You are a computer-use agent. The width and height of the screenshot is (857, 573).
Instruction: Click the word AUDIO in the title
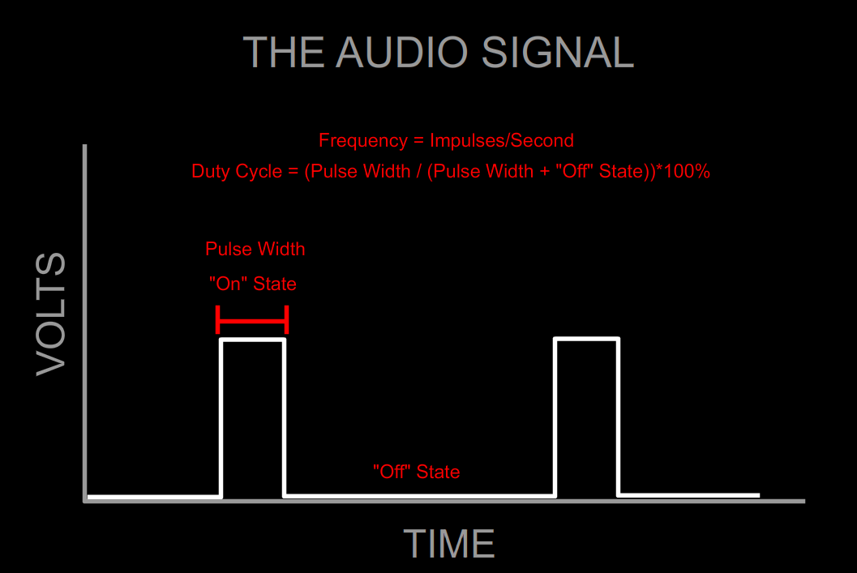point(402,53)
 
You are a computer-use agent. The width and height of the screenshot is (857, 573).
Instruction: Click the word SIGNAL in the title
point(557,53)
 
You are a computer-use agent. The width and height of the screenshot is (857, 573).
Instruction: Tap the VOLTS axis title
point(51,314)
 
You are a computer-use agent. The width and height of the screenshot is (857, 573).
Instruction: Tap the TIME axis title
point(449,544)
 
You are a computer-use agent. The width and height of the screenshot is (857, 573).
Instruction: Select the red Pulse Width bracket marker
point(252,321)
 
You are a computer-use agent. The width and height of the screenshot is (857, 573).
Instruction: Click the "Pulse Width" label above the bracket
point(255,249)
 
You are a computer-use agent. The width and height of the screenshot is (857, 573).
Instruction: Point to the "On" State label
point(253,284)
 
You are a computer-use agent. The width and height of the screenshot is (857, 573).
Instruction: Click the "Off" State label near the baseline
point(417,472)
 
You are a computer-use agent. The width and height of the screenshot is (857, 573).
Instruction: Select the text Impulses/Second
point(502,140)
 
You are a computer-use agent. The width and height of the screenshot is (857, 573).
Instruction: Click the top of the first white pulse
point(253,340)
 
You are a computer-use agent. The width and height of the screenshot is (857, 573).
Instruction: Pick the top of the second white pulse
point(587,339)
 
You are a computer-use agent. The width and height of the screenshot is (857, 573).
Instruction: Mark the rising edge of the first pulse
point(222,417)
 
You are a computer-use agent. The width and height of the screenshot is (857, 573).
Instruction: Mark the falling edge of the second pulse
point(619,417)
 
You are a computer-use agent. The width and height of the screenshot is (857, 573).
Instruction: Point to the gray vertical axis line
point(85,324)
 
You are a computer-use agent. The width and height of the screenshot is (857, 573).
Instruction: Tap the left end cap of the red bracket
point(218,320)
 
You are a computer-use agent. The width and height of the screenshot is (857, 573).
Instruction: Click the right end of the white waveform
point(757,494)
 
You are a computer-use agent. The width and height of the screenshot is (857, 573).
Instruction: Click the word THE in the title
point(285,53)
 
